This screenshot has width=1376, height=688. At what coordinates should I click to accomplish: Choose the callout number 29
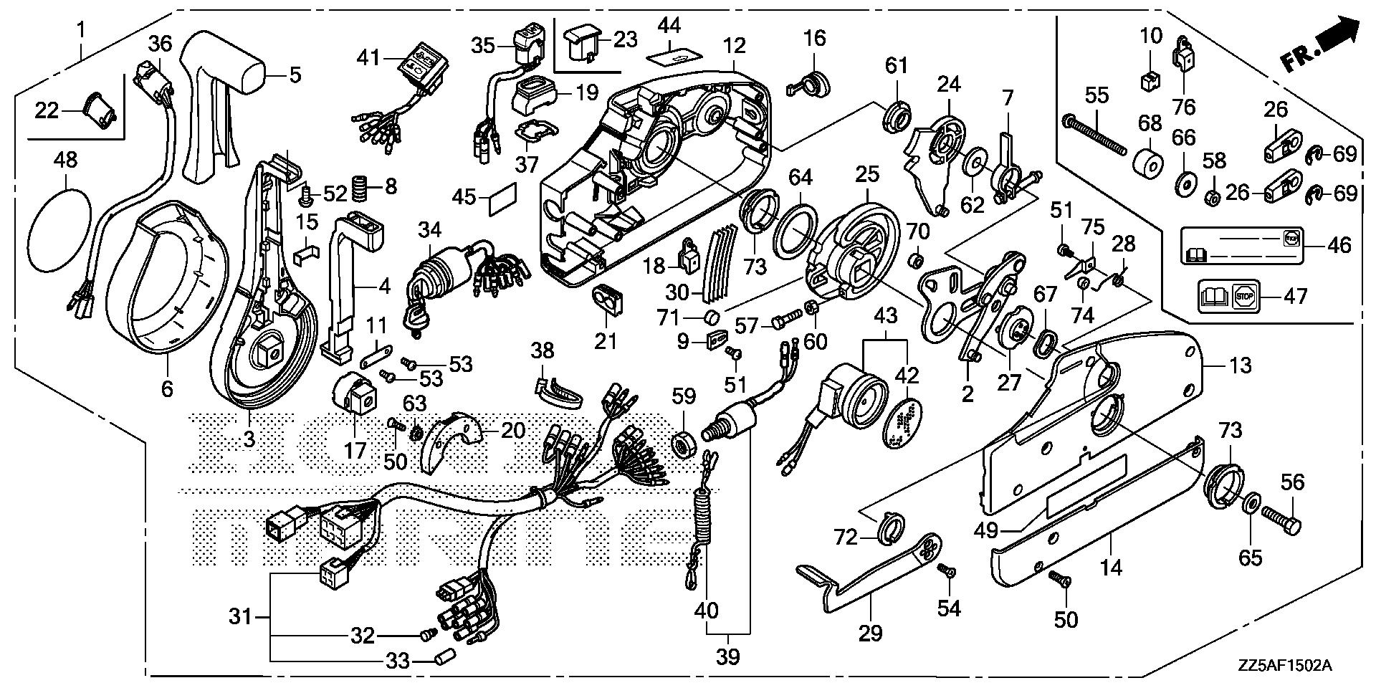(x=872, y=633)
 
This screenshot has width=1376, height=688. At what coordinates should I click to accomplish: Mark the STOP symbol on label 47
(x=1243, y=295)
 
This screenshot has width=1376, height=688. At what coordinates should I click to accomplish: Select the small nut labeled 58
(x=1210, y=197)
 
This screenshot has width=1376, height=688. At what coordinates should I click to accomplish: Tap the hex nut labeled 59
(x=683, y=444)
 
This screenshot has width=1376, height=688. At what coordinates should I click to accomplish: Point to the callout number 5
(x=295, y=75)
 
